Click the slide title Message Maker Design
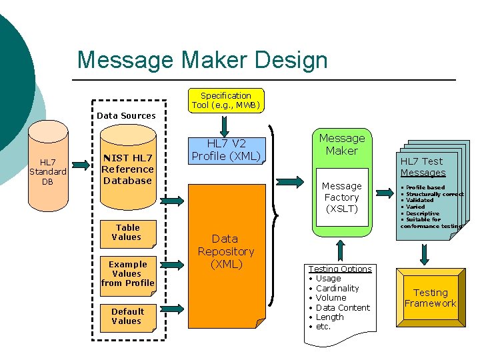click(202, 60)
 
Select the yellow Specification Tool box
click(226, 100)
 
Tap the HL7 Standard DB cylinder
click(48, 171)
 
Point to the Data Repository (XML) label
click(225, 251)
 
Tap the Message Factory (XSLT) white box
click(341, 197)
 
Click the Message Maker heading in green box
click(341, 145)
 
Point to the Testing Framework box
click(430, 297)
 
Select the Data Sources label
click(126, 115)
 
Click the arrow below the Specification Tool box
click(225, 124)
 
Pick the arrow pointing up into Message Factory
click(341, 250)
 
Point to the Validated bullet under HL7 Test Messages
click(420, 200)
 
